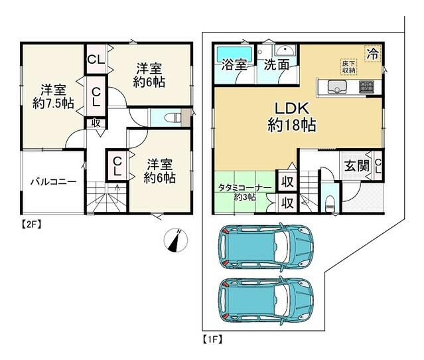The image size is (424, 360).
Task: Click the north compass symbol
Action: click(x=176, y=240)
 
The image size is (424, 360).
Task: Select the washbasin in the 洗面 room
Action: click(x=285, y=50)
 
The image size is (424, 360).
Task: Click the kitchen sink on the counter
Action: click(x=337, y=86)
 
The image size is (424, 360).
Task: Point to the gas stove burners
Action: click(x=366, y=87)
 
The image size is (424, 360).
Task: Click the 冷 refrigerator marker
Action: click(x=373, y=54)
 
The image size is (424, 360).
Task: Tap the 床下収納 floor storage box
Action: click(x=348, y=67)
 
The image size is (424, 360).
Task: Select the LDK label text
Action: click(x=292, y=108)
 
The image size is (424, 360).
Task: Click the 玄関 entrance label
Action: click(x=357, y=165)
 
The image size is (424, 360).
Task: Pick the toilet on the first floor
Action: click(x=330, y=203)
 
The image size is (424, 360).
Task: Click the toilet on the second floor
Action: click(x=173, y=118)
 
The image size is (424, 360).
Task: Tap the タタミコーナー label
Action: click(x=245, y=187)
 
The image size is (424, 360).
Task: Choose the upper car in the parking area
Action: click(x=266, y=247)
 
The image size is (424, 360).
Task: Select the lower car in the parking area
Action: click(x=266, y=300)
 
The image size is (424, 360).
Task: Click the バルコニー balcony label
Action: click(x=54, y=181)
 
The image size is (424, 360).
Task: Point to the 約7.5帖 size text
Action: click(x=53, y=104)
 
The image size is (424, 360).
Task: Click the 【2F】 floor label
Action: click(x=31, y=225)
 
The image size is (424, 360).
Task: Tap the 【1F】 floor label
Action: click(x=212, y=339)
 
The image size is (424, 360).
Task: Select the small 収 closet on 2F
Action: click(x=96, y=124)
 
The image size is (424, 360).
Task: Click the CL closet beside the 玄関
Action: click(x=378, y=166)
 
